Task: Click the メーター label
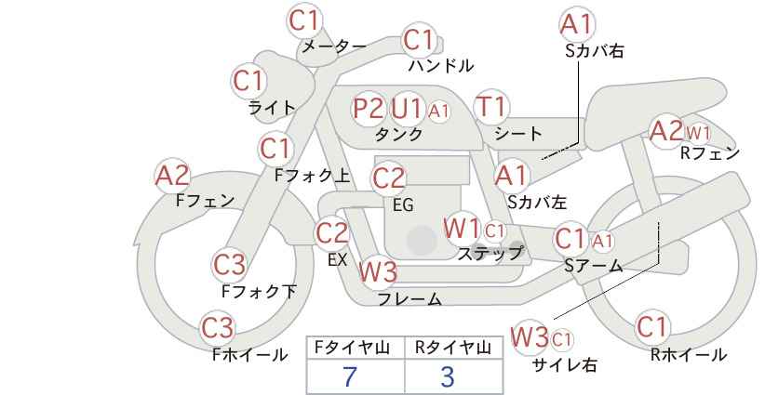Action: coord(334,46)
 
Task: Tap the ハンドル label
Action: coord(441,65)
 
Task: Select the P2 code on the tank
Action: coord(369,108)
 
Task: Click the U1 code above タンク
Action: coord(406,108)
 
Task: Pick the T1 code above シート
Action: coord(491,107)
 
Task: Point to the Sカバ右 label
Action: coord(595,51)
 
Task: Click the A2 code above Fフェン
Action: coord(172,176)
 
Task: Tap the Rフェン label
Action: coord(710,153)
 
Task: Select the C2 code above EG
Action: coord(388,178)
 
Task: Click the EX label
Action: coord(337,259)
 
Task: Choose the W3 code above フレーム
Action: coord(378,271)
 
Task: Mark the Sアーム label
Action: coord(594,266)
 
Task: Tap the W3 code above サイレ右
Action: coord(530,337)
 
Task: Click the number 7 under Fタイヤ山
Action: coord(350,376)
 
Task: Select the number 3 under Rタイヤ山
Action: coord(448,376)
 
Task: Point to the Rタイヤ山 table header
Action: coord(453,348)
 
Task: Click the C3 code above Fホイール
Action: coord(218,328)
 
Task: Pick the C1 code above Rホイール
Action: coord(651,327)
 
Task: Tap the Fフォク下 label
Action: coord(259,291)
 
